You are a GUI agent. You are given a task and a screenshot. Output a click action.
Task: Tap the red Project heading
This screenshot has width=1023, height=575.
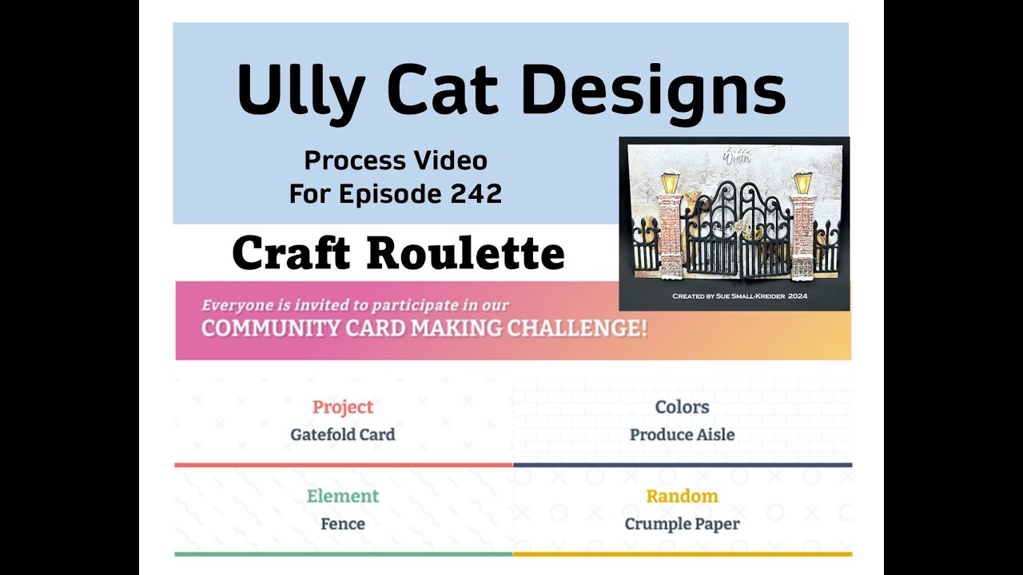click(x=343, y=407)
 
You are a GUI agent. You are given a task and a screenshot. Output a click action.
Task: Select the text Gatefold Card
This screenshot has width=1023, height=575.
click(x=343, y=435)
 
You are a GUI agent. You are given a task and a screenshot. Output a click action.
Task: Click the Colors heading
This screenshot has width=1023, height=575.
click(x=682, y=407)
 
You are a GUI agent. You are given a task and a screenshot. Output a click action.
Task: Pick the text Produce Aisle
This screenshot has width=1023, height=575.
click(x=682, y=435)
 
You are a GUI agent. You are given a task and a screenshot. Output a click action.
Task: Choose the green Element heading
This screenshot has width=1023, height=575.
click(x=343, y=496)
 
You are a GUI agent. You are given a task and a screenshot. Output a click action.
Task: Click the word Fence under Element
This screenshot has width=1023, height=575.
click(x=343, y=524)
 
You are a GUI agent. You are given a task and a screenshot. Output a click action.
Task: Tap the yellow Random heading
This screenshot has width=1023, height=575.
click(x=682, y=496)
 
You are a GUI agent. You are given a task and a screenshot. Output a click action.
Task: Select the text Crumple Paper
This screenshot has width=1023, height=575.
click(x=682, y=524)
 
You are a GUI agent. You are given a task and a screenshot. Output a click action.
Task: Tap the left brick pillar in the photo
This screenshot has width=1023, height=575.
click(x=670, y=232)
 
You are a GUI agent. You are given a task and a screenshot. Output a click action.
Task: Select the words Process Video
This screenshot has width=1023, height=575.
click(x=396, y=161)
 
